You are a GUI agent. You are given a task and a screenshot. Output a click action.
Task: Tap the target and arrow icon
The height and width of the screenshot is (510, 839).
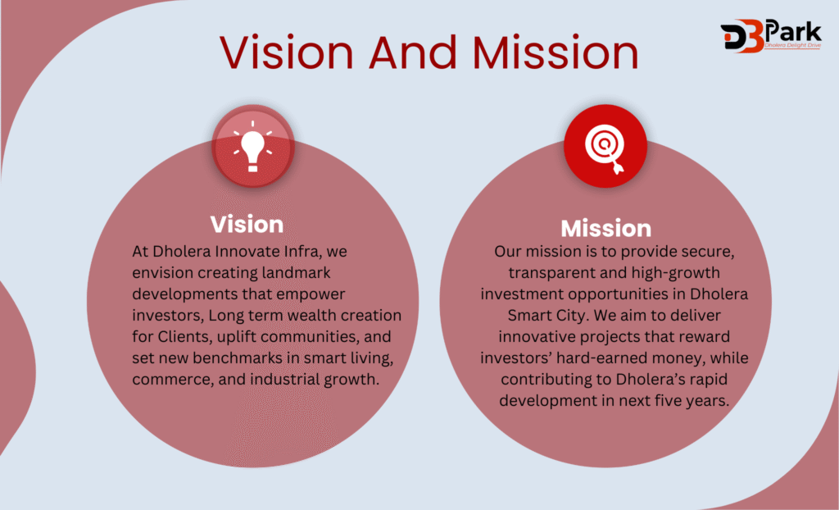click(x=605, y=148)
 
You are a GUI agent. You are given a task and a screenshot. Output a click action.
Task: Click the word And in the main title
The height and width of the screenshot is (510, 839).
click(x=412, y=52)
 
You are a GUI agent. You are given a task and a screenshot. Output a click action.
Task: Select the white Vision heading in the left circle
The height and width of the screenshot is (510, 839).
click(x=247, y=225)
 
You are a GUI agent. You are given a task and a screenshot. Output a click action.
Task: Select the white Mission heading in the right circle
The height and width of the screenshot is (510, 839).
click(x=605, y=229)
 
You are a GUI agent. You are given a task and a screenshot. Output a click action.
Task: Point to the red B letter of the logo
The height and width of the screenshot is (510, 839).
click(x=752, y=36)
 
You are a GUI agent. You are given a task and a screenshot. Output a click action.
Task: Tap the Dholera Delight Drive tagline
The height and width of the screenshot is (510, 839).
click(x=792, y=46)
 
